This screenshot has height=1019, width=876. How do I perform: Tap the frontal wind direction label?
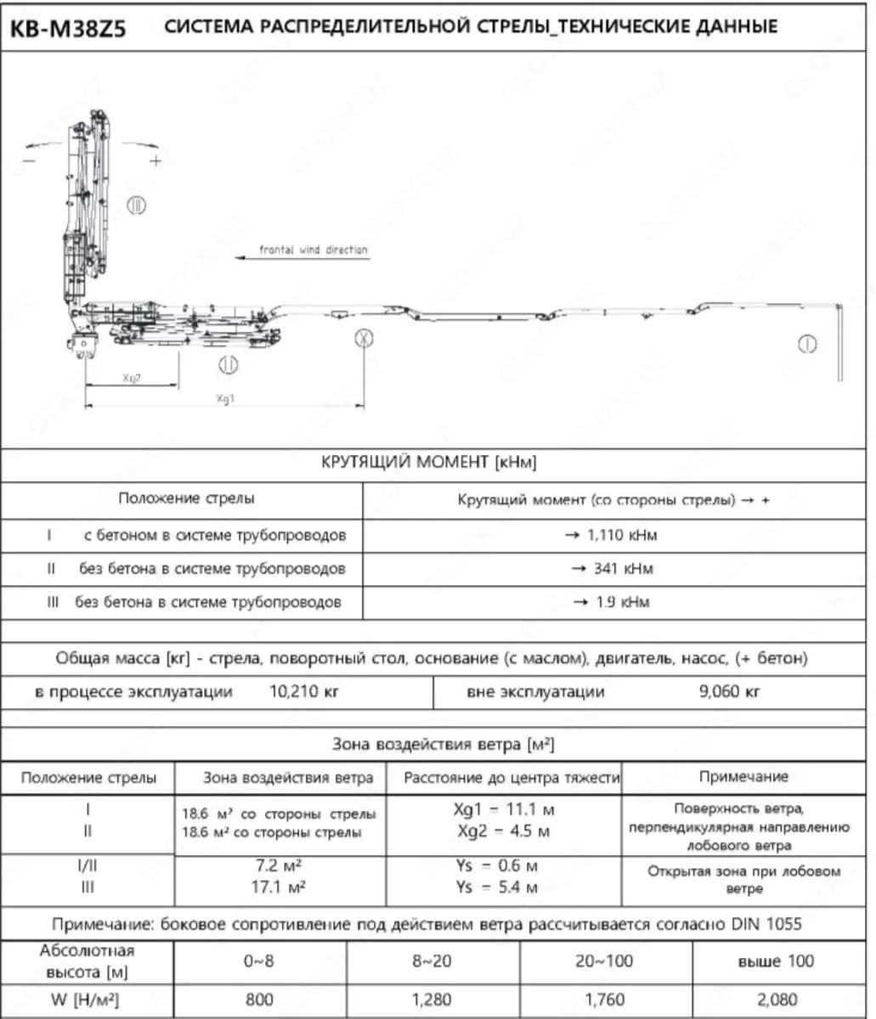314,251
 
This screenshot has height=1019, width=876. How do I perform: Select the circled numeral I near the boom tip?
806,344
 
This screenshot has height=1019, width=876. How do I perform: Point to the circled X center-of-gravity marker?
364,338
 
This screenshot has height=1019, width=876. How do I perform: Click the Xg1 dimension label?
224,397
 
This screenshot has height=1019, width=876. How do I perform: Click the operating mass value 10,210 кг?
304,691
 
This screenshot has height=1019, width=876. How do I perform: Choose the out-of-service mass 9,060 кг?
728,691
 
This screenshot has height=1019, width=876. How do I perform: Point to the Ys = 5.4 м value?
503,888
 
